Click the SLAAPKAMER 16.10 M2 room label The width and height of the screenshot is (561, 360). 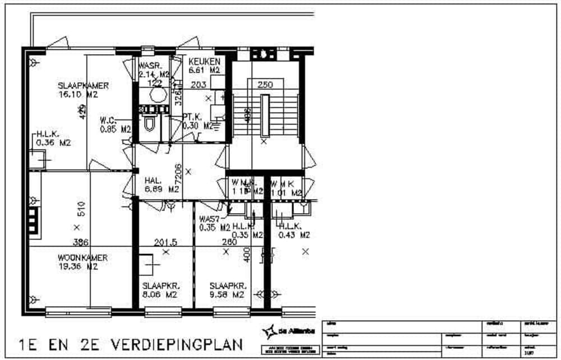click(83, 90)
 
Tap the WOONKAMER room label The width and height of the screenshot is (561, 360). click(82, 262)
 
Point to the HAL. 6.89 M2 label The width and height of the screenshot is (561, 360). click(161, 186)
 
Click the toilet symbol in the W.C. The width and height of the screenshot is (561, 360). click(149, 123)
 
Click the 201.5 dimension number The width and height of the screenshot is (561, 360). click(165, 242)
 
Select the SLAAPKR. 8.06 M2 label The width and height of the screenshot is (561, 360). click(160, 289)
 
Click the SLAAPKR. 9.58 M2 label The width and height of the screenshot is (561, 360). click(227, 289)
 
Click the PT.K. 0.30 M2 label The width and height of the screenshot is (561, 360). click(197, 121)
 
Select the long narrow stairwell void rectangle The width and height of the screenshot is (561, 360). click(265, 115)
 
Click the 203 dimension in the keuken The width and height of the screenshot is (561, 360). click(198, 85)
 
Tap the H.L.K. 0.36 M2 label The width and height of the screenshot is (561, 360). click(53, 139)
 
